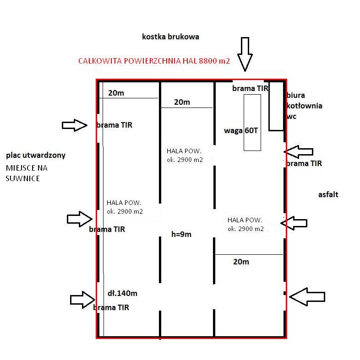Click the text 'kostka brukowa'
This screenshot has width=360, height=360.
(x=170, y=37)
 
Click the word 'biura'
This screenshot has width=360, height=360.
(x=296, y=96)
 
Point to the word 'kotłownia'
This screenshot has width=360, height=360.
(x=304, y=106)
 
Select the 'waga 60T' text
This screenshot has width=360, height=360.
(x=241, y=130)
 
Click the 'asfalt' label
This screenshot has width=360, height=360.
(x=328, y=194)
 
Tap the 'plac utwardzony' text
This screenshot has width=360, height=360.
(x=36, y=155)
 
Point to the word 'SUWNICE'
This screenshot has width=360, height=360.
(x=23, y=178)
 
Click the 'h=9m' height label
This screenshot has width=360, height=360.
(x=181, y=234)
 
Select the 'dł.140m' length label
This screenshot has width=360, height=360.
(x=122, y=293)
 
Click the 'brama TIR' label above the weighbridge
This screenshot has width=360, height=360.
(x=250, y=88)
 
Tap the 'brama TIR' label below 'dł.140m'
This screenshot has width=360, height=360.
(x=111, y=307)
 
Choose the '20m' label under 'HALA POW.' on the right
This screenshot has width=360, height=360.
(x=241, y=262)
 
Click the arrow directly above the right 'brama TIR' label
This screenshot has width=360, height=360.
(x=299, y=151)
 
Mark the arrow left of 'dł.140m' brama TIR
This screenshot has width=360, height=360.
(x=83, y=299)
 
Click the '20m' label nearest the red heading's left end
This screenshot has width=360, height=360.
(x=116, y=93)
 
